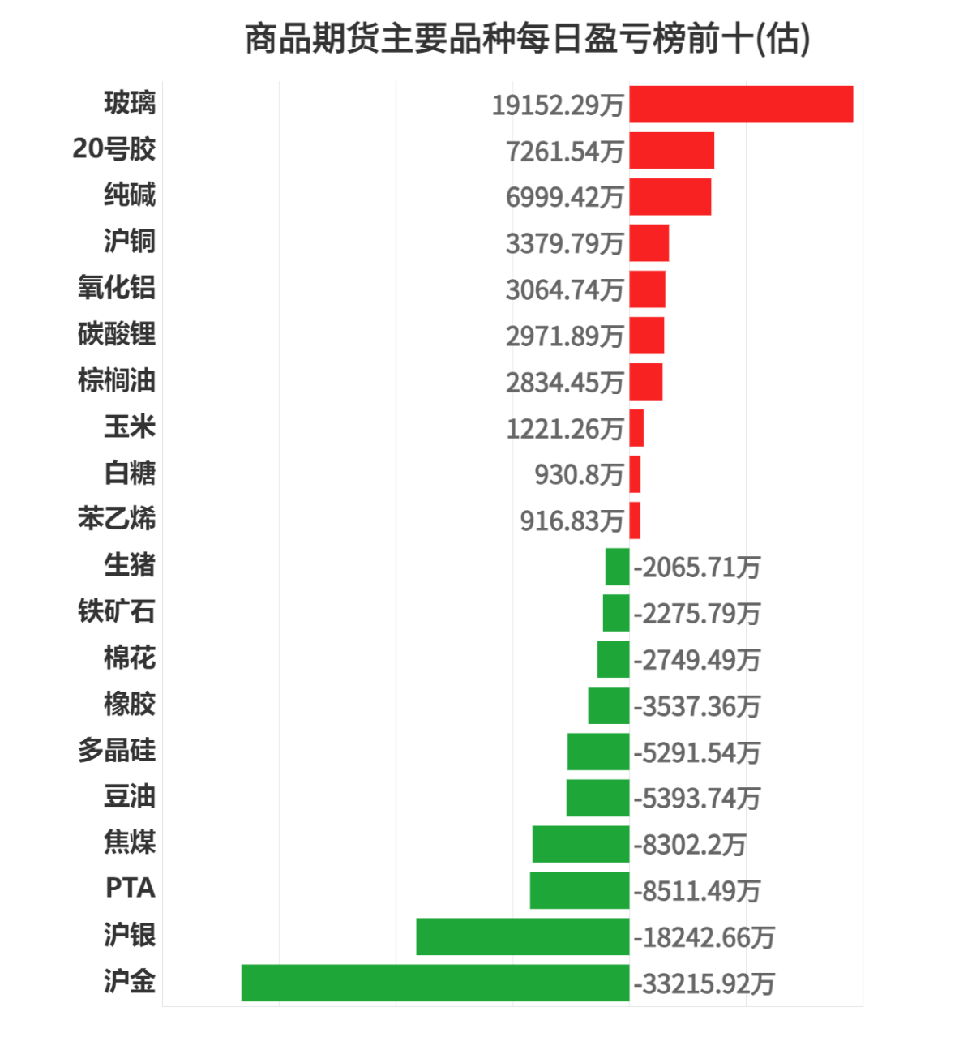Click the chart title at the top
(527, 38)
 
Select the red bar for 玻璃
(741, 104)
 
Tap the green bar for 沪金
(435, 983)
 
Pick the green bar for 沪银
(523, 936)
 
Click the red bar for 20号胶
(671, 150)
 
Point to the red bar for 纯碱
(670, 196)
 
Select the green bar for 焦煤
(580, 844)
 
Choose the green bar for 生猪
(617, 567)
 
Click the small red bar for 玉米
(636, 428)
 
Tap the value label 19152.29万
(558, 105)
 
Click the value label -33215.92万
(704, 983)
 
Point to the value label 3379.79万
(564, 243)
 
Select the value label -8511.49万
(697, 891)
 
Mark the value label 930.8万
(579, 474)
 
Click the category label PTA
(130, 889)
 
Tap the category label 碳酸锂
(117, 334)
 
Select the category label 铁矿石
(117, 611)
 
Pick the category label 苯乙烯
(117, 519)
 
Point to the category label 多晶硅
(117, 750)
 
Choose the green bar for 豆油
(597, 798)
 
